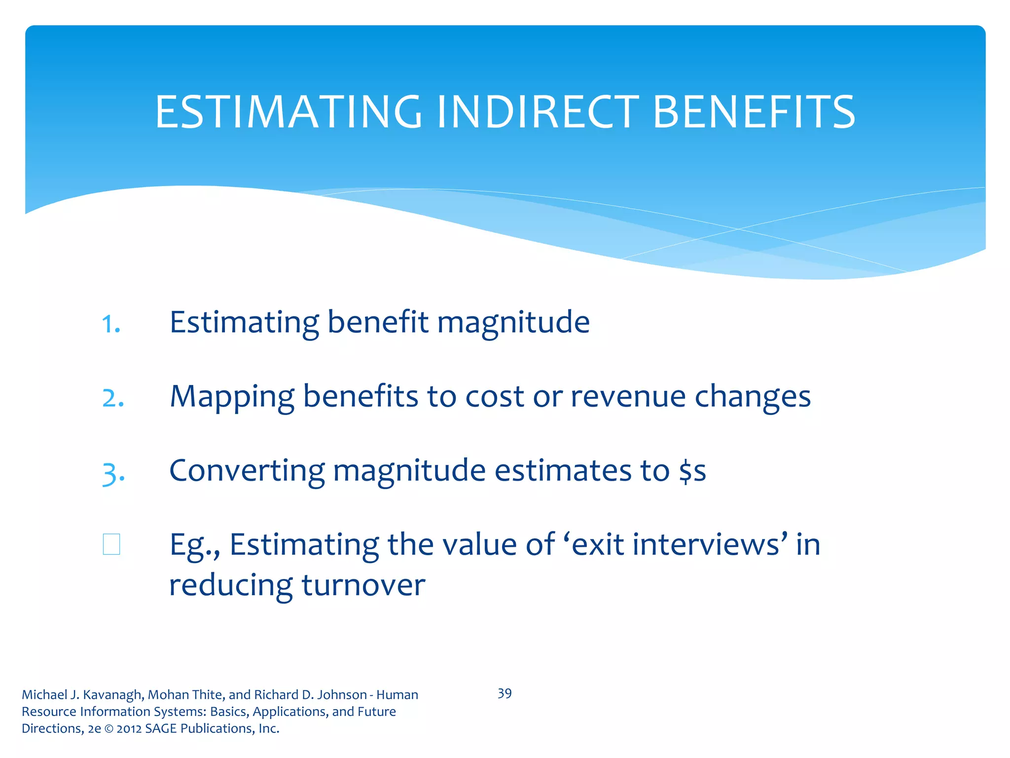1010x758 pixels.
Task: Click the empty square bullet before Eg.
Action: (111, 544)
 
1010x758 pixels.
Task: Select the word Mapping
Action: (232, 397)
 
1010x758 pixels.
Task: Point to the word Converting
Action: (247, 471)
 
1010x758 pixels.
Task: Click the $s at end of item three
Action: (692, 471)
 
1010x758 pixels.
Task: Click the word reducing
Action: (231, 586)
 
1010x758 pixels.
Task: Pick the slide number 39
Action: (505, 693)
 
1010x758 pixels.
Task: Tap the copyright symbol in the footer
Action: (108, 729)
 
